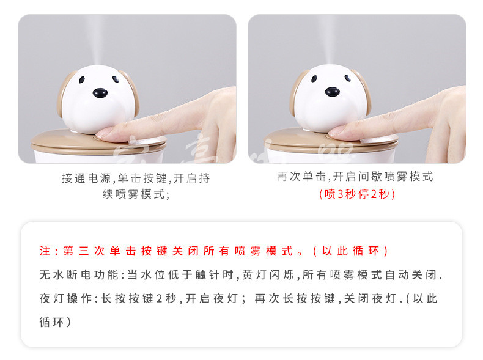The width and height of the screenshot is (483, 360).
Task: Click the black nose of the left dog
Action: click(x=100, y=93)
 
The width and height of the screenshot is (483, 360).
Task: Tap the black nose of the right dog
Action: click(x=333, y=92)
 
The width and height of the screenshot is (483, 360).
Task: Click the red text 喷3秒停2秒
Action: click(x=357, y=194)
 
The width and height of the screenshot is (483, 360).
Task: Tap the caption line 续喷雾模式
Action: click(x=133, y=194)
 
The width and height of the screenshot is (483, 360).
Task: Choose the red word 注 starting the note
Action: click(x=45, y=251)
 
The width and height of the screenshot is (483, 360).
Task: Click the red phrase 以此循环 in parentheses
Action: click(x=350, y=251)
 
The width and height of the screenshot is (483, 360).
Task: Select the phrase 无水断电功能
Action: click(x=79, y=274)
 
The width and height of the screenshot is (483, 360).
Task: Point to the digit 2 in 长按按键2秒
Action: click(x=159, y=299)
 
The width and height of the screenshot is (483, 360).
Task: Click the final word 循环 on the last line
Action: click(x=51, y=322)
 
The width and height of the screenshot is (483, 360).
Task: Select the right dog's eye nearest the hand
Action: click(x=347, y=78)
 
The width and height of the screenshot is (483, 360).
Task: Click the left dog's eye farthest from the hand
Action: click(x=82, y=79)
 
